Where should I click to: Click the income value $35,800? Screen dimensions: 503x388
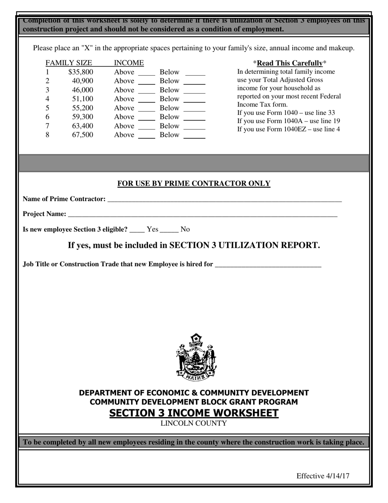point(81,72)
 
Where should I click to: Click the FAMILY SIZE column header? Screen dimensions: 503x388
point(69,63)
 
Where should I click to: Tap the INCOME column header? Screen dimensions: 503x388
point(129,63)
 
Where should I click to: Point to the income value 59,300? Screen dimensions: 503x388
point(83,117)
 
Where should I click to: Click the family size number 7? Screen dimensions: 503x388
point(47,126)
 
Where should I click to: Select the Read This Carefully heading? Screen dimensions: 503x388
point(290,63)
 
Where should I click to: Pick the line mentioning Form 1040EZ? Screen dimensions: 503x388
point(288,130)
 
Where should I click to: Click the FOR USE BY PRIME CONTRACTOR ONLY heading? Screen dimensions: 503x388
point(194,184)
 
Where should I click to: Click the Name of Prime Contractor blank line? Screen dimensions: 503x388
point(224,200)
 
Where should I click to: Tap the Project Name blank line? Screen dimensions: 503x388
point(203,215)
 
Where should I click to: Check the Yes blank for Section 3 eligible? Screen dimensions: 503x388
point(137,231)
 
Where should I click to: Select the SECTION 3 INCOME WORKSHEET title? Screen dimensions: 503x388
point(194,413)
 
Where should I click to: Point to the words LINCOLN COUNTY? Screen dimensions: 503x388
point(194,424)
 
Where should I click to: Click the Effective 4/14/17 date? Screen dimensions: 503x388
point(323,476)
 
